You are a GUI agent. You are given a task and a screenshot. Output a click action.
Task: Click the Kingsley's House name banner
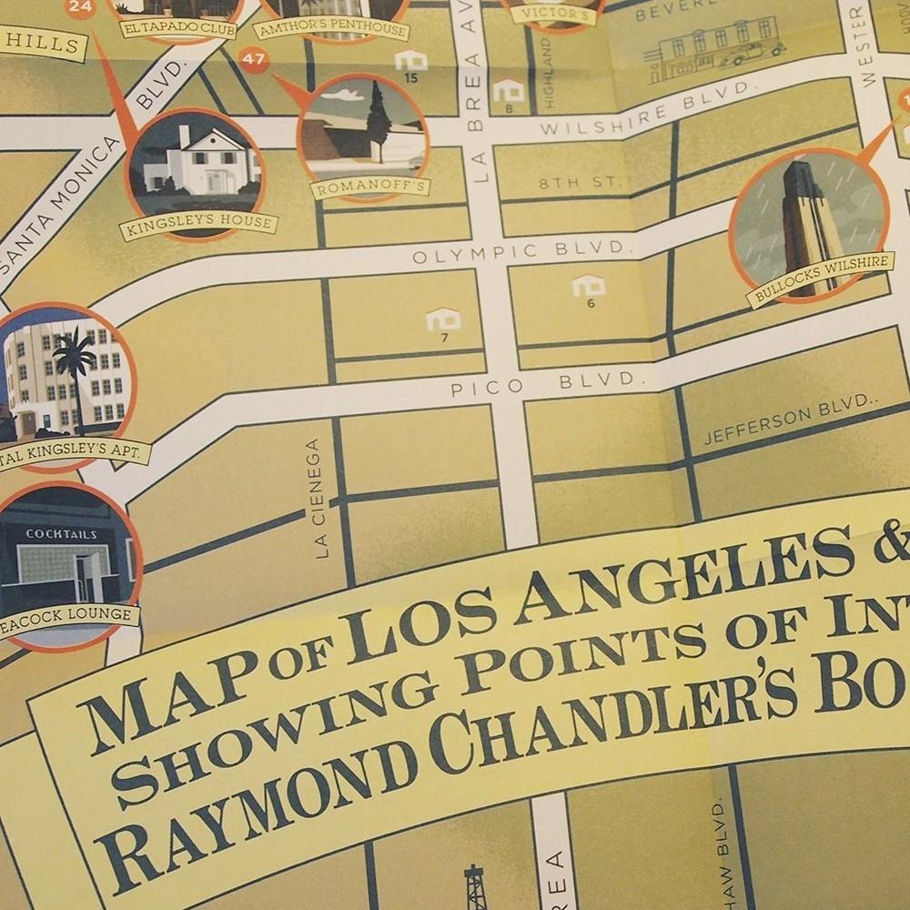198,221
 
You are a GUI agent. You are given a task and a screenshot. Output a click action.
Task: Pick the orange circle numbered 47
254,62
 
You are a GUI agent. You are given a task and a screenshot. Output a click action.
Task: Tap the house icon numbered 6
589,287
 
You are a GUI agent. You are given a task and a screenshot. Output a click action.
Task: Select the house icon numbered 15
410,61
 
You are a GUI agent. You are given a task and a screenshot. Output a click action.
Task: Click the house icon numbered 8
509,90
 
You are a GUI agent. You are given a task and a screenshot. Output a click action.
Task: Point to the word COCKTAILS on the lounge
62,534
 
